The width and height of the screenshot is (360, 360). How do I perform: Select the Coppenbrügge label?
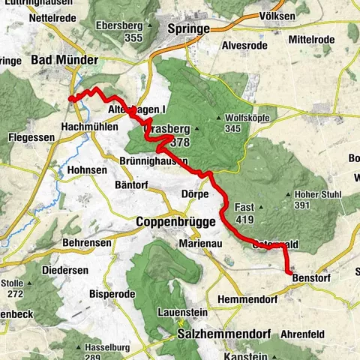tap(175, 223)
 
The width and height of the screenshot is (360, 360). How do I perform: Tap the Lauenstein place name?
tap(181, 311)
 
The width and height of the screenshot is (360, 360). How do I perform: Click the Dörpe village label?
tap(196, 192)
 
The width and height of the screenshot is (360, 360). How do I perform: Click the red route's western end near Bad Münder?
tap(70, 97)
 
